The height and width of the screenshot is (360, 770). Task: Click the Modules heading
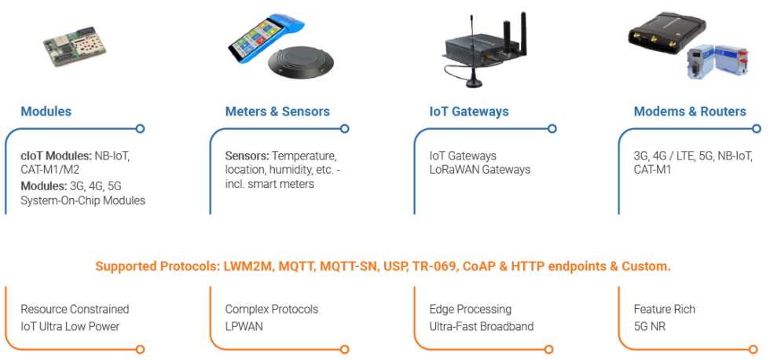tap(46, 112)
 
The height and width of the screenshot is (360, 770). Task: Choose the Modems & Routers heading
tap(689, 112)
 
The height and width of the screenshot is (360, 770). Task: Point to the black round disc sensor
tap(300, 64)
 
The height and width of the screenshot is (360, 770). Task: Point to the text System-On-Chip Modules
tap(83, 200)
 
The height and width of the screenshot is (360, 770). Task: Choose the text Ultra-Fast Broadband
tap(481, 325)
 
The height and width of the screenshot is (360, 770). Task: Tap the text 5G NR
tap(650, 325)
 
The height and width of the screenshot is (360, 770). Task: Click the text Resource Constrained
tap(75, 310)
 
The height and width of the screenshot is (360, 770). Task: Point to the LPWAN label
tap(244, 325)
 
